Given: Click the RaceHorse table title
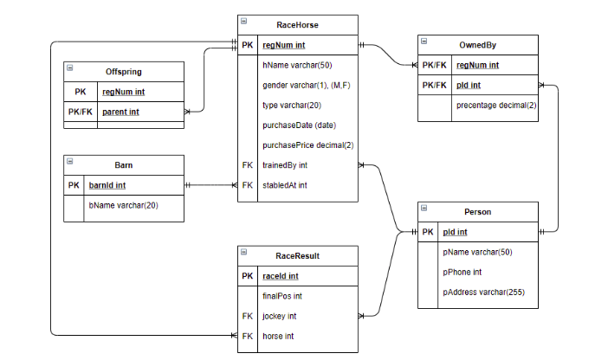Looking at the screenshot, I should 297,25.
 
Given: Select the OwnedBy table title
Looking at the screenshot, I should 477,45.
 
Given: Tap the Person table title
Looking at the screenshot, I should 477,212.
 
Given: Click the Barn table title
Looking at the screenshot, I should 124,164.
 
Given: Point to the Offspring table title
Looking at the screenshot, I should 124,72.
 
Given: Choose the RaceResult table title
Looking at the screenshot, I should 297,256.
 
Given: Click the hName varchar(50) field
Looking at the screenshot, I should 296,65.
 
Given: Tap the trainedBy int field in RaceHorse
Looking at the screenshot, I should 285,164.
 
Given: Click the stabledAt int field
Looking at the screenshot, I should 285,184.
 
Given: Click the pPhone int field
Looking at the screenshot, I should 464,272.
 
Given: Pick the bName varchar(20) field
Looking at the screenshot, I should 124,205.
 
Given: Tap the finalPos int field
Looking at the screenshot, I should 282,296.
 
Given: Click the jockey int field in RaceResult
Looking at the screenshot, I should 280,316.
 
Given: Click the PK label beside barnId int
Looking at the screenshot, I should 74,184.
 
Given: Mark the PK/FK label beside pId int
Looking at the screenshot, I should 434,85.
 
